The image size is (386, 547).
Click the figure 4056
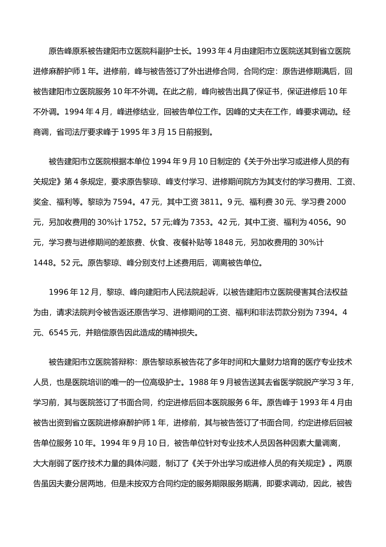tap(318, 222)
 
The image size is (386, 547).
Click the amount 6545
tap(59, 333)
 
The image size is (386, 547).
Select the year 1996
tap(59, 292)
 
